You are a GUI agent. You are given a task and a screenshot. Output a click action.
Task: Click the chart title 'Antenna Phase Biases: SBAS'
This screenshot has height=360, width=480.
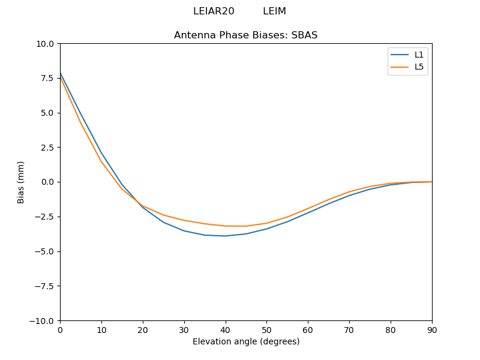[245, 35]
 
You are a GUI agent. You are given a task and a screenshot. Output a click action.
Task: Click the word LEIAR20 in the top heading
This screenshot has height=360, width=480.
[214, 11]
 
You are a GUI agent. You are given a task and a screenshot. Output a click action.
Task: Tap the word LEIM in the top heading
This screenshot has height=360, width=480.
[274, 11]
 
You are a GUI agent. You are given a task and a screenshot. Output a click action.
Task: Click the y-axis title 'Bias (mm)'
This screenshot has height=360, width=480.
[21, 182]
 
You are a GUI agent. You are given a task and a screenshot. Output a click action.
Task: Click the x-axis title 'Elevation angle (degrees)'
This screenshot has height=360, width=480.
[246, 342]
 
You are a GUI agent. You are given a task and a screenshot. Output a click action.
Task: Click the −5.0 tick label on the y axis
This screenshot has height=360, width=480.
[46, 251]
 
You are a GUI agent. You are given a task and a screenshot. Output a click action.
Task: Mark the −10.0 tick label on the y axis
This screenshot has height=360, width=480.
[43, 320]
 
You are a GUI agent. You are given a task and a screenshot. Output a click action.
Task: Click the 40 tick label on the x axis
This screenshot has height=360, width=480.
[226, 329]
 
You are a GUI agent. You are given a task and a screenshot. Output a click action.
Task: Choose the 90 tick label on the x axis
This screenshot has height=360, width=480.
[432, 329]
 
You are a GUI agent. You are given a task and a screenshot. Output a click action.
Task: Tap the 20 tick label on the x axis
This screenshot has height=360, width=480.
[143, 329]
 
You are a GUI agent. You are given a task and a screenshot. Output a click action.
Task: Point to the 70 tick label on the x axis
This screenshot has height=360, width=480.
[349, 329]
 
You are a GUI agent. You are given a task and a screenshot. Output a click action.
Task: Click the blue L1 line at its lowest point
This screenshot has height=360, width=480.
[226, 236]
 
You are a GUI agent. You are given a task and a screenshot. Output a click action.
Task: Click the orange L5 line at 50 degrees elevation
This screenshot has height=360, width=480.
[266, 223]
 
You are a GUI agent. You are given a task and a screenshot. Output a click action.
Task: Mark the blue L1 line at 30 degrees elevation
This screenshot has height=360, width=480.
[184, 231]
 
